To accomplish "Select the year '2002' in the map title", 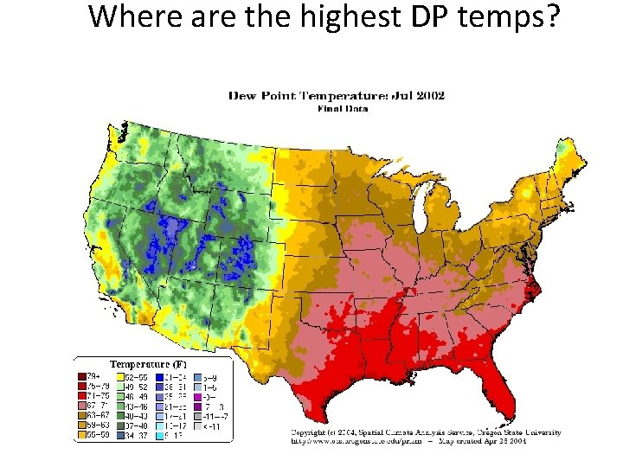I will click(427, 95).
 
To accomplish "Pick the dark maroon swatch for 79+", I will click(80, 377).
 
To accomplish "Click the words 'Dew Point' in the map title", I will click(264, 95).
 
